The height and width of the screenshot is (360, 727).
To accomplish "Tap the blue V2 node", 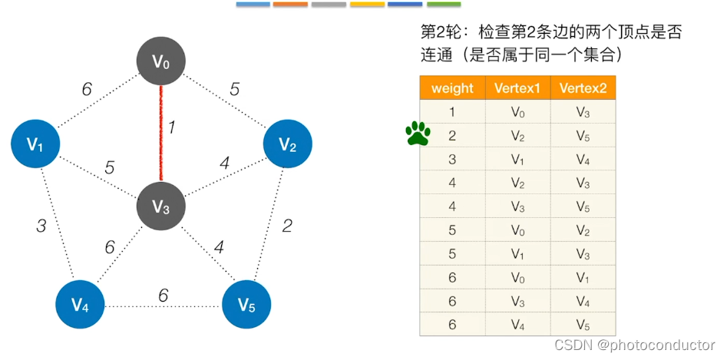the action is click(x=287, y=144).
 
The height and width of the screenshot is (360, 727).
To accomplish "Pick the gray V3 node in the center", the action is click(x=160, y=206).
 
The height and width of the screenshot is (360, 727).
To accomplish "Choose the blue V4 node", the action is click(x=80, y=305).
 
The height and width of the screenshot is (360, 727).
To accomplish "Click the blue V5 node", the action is click(x=246, y=305).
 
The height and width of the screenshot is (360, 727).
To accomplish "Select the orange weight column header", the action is click(x=452, y=88).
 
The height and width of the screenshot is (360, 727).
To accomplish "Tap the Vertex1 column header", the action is click(x=517, y=88).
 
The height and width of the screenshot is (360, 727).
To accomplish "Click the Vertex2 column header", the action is click(x=583, y=88).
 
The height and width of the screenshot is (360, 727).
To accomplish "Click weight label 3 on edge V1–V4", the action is click(x=42, y=226).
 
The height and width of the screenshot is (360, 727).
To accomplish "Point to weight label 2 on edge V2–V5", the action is click(x=287, y=226).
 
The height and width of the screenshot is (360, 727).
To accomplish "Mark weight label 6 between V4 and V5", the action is click(x=163, y=296).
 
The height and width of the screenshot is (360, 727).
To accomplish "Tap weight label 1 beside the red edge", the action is click(x=172, y=127).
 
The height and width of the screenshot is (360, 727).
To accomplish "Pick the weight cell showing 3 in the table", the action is click(x=452, y=159).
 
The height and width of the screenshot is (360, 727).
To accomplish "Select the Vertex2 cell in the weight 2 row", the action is click(x=583, y=135).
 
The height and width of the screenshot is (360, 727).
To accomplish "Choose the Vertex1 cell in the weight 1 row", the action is click(x=517, y=111).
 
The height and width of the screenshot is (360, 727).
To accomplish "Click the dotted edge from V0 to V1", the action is click(x=96, y=104).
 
